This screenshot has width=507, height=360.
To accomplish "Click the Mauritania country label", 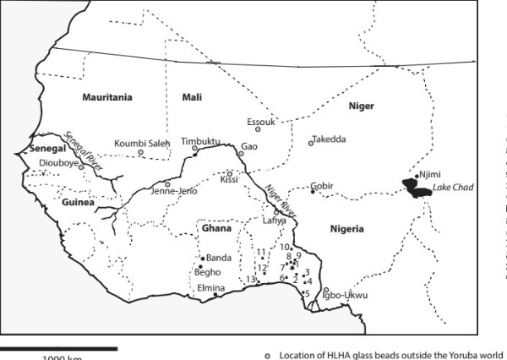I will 107,98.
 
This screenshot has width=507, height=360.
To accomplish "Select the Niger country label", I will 361,106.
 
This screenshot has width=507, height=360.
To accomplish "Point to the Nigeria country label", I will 346,229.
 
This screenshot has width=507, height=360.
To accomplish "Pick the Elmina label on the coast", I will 210,287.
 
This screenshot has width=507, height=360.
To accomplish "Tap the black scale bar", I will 57,347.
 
